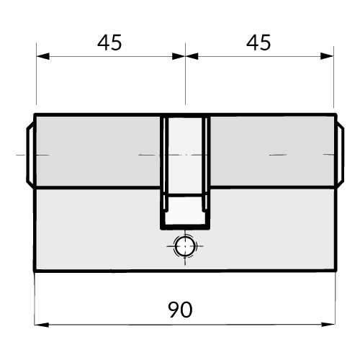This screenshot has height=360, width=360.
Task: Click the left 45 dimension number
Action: (x=109, y=42)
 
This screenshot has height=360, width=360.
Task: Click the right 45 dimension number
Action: (x=258, y=42)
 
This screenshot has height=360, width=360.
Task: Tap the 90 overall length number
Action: (x=180, y=310)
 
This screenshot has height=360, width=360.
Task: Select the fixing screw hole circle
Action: (x=184, y=246)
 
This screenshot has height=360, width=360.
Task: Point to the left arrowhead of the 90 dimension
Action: (x=42, y=325)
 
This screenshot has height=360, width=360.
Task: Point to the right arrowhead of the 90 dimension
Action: (x=328, y=325)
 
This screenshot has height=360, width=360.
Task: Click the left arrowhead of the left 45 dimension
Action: (x=43, y=56)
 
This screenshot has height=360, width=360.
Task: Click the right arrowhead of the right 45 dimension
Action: (x=327, y=56)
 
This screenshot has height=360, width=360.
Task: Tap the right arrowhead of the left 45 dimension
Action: (x=179, y=56)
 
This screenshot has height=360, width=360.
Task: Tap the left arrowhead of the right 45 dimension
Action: (x=192, y=56)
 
